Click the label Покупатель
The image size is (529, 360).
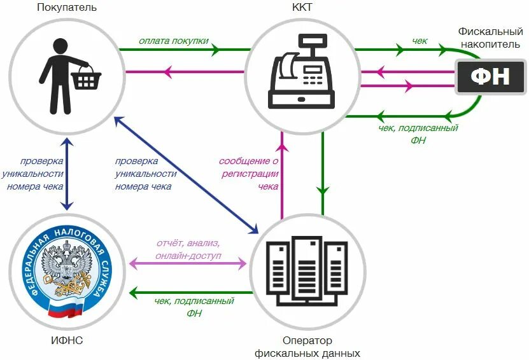pyautogui.click(x=67, y=8)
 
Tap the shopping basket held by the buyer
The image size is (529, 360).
pyautogui.click(x=85, y=78)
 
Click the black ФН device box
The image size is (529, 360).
pyautogui.click(x=490, y=78)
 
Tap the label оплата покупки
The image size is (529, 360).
pyautogui.click(x=174, y=41)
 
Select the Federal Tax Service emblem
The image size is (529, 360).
pyautogui.click(x=67, y=268)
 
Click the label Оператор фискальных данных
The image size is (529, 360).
pyautogui.click(x=307, y=347)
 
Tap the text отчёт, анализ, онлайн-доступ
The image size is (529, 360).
pyautogui.click(x=187, y=249)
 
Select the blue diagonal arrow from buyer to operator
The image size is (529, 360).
pyautogui.click(x=185, y=174)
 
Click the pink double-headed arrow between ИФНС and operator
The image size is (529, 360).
pyautogui.click(x=188, y=263)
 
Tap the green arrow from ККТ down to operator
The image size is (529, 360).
pyautogui.click(x=323, y=172)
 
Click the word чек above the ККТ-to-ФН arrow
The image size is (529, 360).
pyautogui.click(x=420, y=41)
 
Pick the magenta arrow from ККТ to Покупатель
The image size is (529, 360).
pyautogui.click(x=185, y=71)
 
